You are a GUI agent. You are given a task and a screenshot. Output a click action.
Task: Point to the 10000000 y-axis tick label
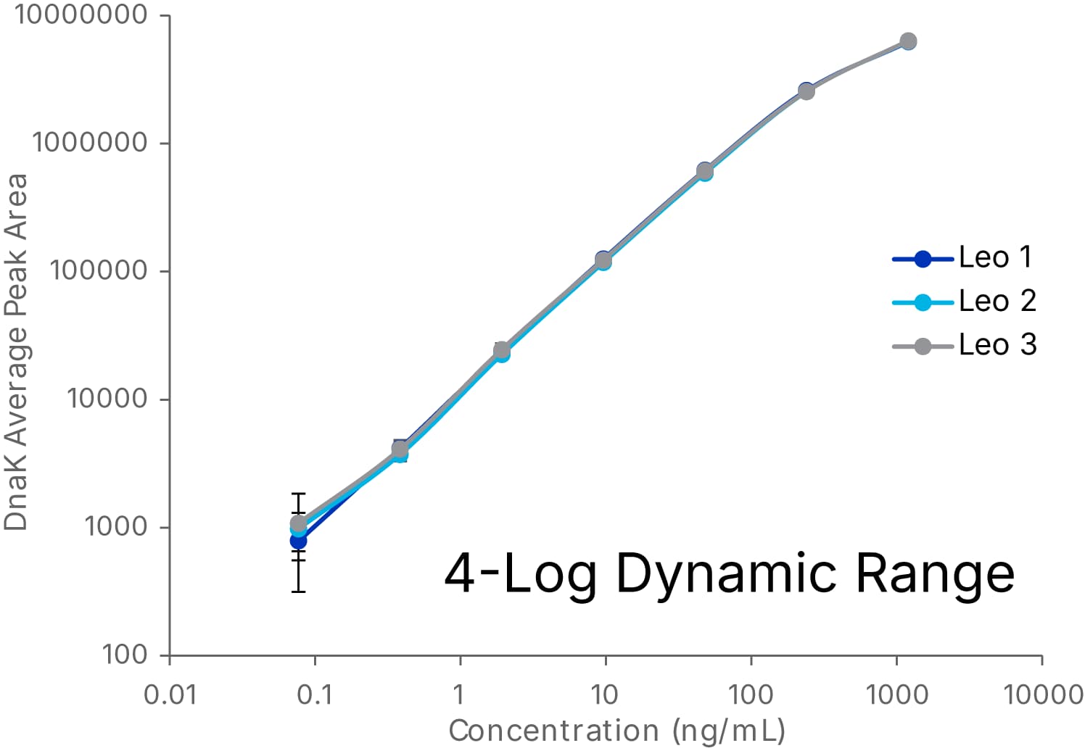(81, 14)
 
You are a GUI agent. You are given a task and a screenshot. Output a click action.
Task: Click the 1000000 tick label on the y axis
(90, 143)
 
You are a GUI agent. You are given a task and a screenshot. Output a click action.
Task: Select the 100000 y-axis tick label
(99, 270)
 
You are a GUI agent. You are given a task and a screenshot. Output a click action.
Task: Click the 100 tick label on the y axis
(125, 655)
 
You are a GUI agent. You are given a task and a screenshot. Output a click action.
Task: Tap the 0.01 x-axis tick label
(170, 695)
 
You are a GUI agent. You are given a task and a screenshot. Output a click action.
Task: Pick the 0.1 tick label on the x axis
(315, 695)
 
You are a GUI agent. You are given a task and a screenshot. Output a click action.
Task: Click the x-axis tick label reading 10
(605, 695)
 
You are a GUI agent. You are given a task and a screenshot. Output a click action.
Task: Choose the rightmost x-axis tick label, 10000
(1042, 695)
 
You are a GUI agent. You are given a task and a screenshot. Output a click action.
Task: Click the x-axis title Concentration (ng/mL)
(616, 731)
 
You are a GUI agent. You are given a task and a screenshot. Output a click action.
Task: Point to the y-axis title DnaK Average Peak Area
(16, 352)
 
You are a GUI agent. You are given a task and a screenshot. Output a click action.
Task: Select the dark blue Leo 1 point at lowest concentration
(298, 541)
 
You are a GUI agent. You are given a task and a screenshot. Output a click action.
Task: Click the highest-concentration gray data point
(908, 41)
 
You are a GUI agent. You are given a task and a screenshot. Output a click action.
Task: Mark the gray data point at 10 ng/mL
(603, 260)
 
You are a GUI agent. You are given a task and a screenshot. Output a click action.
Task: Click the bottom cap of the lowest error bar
(298, 592)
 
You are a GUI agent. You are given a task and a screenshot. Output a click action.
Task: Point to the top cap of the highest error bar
(298, 494)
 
